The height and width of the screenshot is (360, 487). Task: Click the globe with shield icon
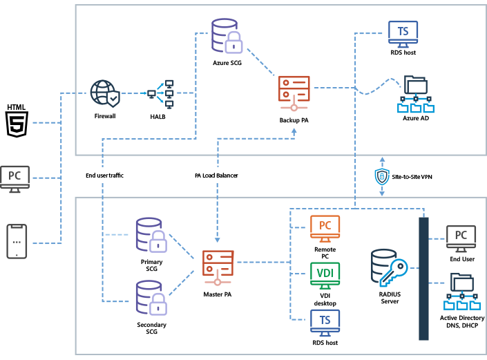click(x=104, y=93)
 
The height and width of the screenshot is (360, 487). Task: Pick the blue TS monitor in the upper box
click(x=403, y=33)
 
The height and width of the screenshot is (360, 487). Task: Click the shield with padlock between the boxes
click(x=382, y=177)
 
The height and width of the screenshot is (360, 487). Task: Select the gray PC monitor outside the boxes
click(x=15, y=178)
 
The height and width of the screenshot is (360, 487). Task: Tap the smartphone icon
click(x=17, y=241)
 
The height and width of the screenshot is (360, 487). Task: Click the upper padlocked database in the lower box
click(x=151, y=235)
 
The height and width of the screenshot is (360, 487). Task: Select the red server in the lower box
click(x=218, y=267)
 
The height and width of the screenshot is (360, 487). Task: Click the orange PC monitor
click(x=325, y=227)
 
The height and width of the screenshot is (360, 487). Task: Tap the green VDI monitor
click(x=325, y=274)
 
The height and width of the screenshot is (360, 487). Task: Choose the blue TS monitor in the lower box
click(x=325, y=321)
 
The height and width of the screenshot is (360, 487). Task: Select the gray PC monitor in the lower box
click(x=461, y=237)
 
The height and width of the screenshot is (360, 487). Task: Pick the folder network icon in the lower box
click(x=461, y=291)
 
